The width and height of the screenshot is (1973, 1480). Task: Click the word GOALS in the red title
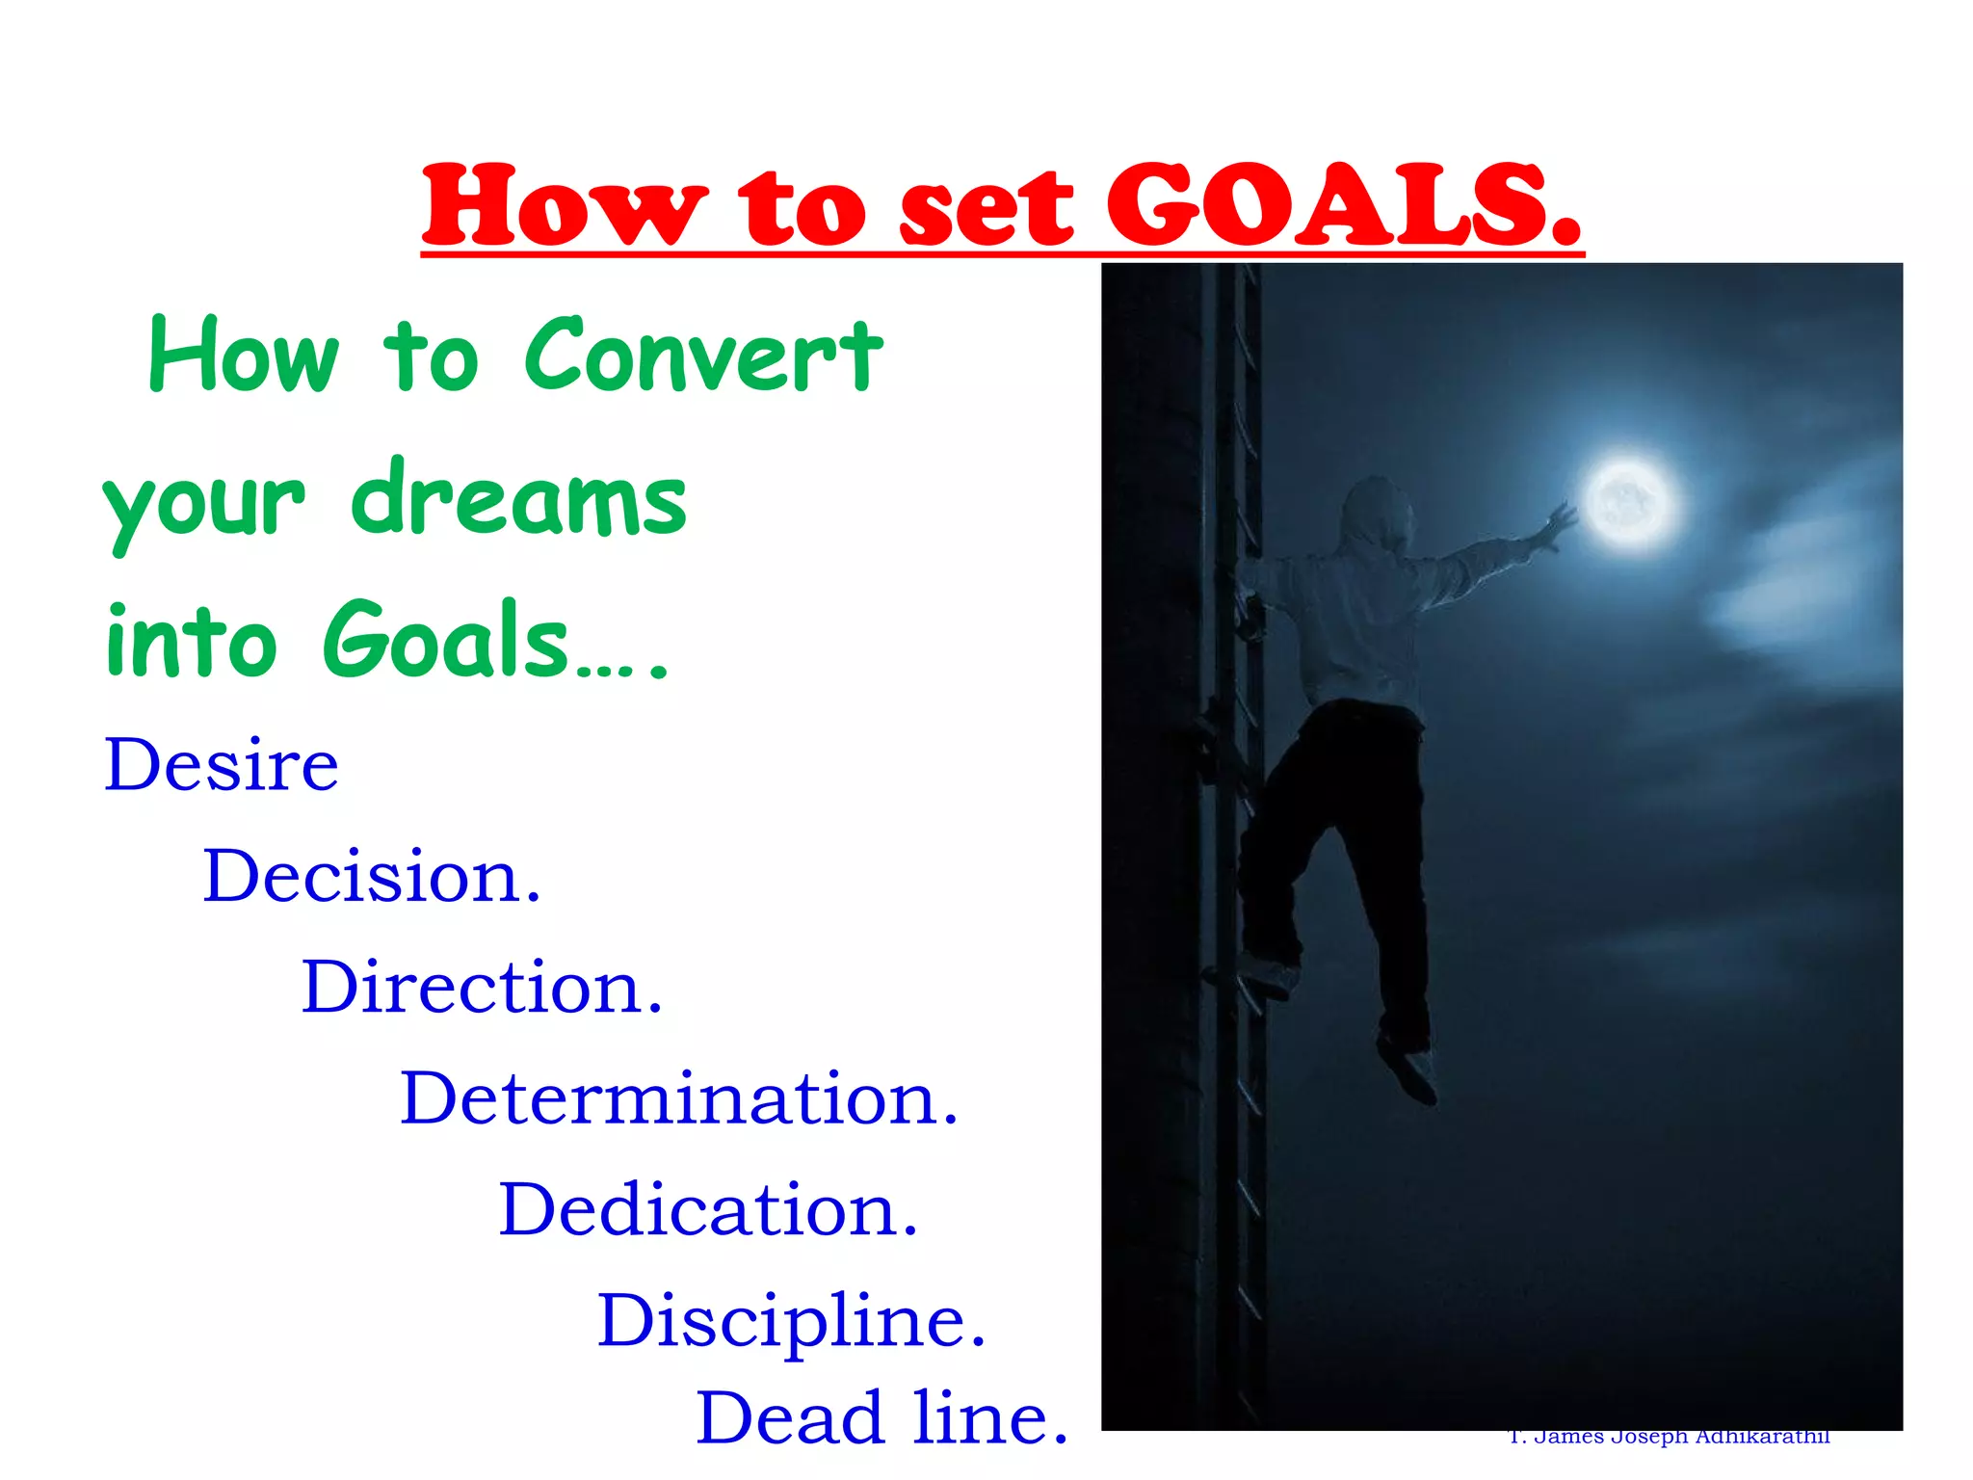1342,205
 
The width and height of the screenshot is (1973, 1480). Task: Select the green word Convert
703,356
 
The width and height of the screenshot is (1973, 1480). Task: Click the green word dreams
518,498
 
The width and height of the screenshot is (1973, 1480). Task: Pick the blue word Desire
222,765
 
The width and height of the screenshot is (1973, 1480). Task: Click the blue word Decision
371,877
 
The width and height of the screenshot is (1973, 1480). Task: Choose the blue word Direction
482,988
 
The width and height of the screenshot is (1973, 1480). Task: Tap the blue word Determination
679,1098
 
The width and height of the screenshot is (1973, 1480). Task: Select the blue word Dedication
708,1210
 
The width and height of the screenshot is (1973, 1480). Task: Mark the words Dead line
881,1418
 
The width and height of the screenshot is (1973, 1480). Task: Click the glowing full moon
1628,502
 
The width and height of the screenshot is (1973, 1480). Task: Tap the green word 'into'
191,642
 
